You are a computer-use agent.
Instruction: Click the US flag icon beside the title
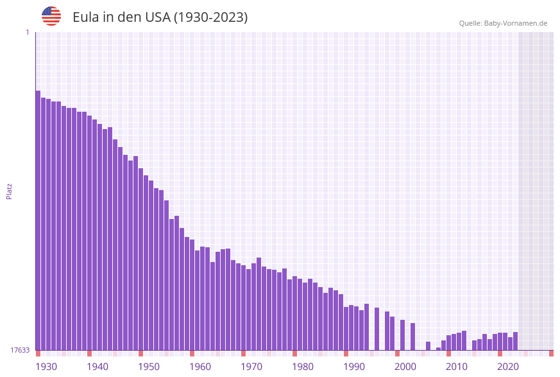(x=51, y=16)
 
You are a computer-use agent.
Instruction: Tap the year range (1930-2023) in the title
(x=210, y=17)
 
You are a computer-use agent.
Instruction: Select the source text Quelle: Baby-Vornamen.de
(x=503, y=23)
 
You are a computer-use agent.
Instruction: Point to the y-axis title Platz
(x=10, y=191)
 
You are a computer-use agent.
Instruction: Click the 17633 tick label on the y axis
(x=20, y=350)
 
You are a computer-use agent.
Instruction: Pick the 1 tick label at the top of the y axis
(x=27, y=32)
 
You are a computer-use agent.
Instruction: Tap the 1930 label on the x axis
(x=46, y=367)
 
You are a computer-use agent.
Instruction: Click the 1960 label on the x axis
(x=200, y=367)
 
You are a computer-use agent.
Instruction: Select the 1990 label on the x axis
(x=354, y=367)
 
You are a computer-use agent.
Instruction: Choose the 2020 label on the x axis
(x=508, y=367)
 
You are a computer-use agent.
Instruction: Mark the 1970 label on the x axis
(x=251, y=367)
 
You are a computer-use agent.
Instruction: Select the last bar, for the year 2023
(x=515, y=341)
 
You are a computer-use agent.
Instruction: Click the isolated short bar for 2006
(x=428, y=346)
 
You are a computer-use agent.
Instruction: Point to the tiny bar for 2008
(x=438, y=349)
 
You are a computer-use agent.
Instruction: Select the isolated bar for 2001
(x=402, y=335)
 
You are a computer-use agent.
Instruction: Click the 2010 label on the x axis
(x=457, y=367)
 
